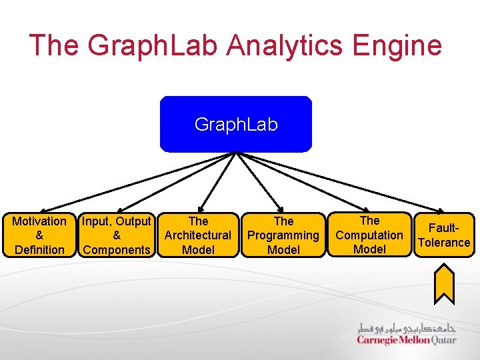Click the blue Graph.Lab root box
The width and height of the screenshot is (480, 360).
(x=235, y=125)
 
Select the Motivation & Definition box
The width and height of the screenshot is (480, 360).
(x=39, y=235)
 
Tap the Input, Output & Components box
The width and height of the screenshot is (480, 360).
(x=117, y=235)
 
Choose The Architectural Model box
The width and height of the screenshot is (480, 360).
(x=198, y=235)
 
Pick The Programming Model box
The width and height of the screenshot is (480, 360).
(x=283, y=235)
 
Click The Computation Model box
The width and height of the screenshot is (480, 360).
(x=369, y=235)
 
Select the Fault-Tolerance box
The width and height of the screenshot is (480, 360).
(x=444, y=235)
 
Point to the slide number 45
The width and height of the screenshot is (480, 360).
(x=345, y=336)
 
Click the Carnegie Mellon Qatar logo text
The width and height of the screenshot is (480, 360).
(x=407, y=340)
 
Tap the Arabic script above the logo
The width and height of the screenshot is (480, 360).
(x=407, y=327)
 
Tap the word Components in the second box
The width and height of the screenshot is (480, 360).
(x=117, y=250)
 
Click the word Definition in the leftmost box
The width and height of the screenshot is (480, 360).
(x=39, y=250)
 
